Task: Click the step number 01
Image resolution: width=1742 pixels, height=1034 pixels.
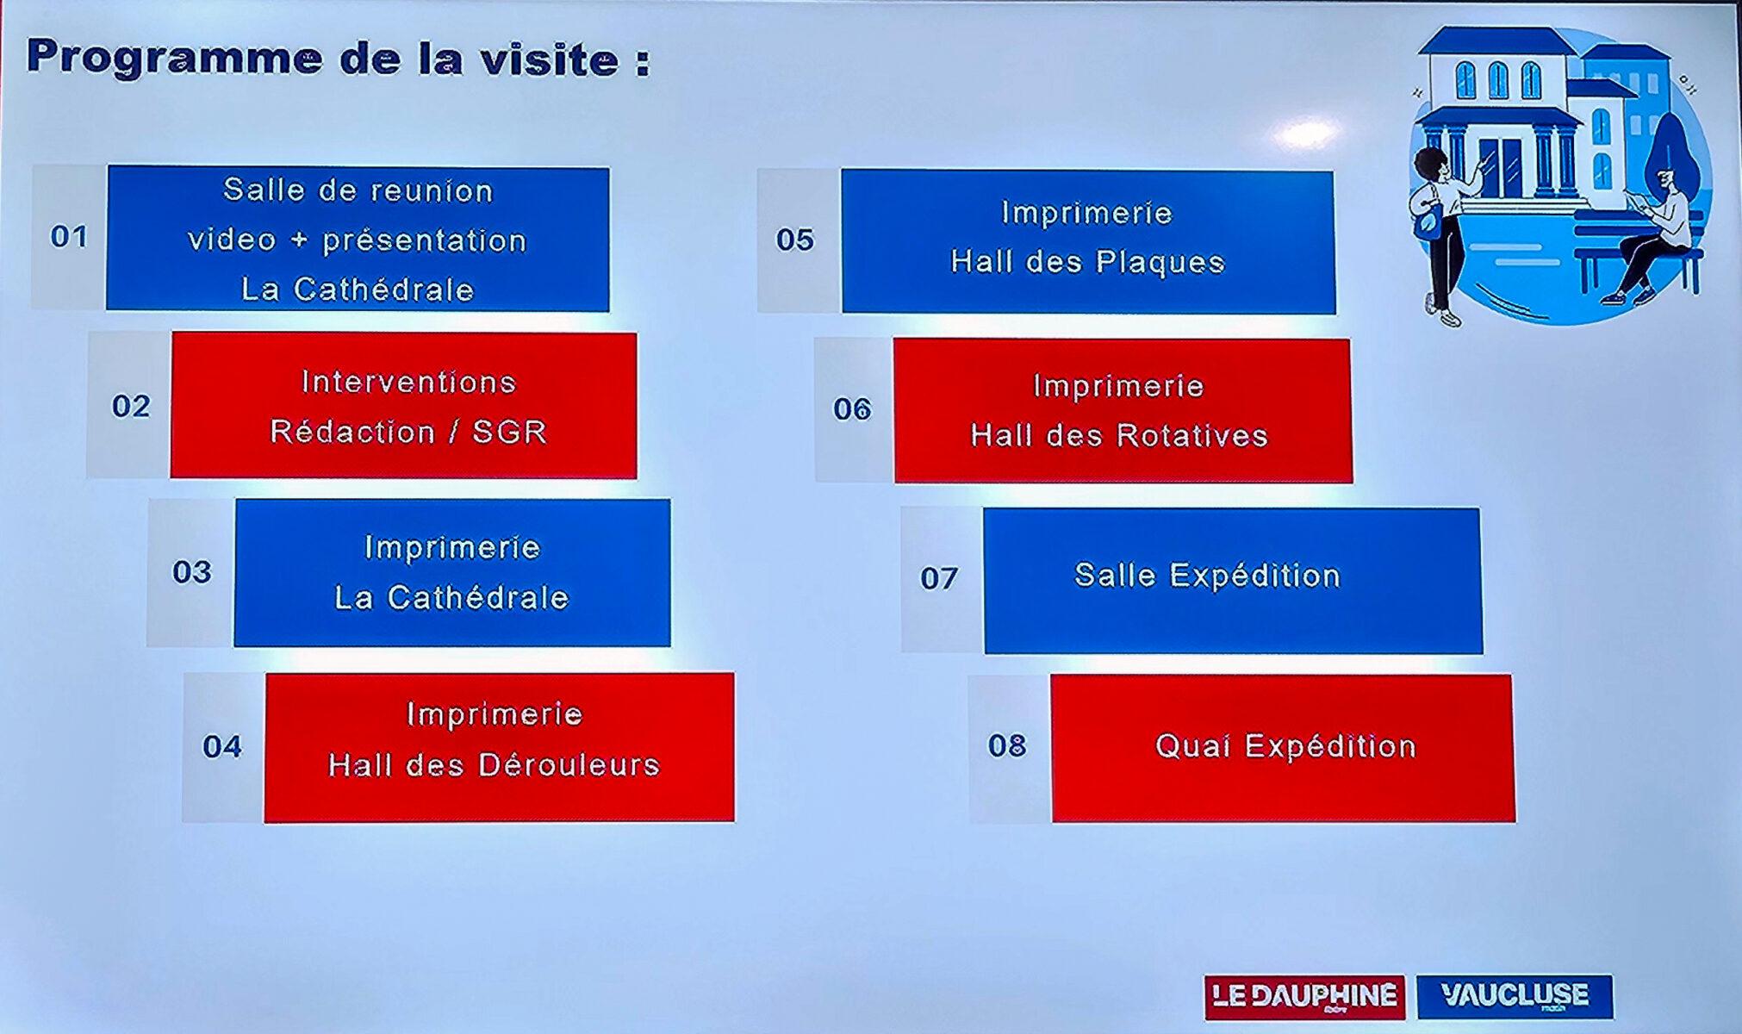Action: point(69,236)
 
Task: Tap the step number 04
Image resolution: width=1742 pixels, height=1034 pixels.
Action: point(222,746)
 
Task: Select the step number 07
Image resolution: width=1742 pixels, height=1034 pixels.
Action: point(939,577)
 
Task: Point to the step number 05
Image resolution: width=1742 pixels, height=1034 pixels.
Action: point(794,240)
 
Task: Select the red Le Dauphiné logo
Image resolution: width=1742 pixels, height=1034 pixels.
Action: point(1304,997)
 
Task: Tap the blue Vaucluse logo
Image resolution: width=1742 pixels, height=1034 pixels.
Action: point(1515,996)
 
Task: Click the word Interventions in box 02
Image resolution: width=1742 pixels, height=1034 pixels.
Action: point(408,382)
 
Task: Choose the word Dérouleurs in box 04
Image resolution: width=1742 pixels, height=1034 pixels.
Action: point(568,764)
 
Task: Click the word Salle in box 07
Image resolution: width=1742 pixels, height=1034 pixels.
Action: point(1111,576)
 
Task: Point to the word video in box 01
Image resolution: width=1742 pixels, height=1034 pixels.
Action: point(232,240)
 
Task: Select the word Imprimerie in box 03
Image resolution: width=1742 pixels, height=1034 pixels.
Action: point(452,547)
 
